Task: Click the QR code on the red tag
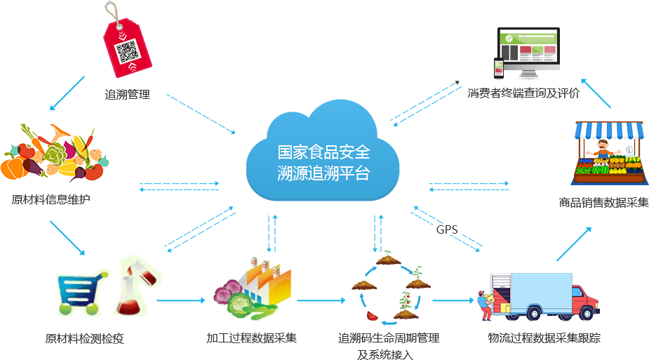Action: click(x=126, y=52)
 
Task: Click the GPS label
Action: click(x=447, y=229)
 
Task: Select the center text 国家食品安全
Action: click(x=323, y=152)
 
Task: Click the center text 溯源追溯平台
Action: click(x=323, y=173)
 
